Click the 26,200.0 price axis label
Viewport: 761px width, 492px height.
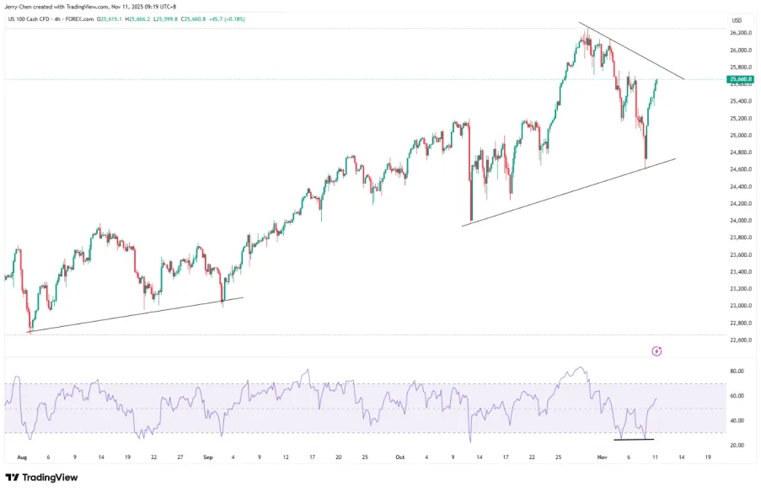click(741, 33)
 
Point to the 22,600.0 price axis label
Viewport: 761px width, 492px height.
click(741, 340)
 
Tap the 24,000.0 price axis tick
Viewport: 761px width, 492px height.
click(741, 221)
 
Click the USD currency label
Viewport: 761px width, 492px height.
click(737, 20)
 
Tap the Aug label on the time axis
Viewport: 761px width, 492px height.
click(22, 457)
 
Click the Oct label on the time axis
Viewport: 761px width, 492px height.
click(400, 457)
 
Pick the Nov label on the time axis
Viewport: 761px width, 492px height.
click(602, 457)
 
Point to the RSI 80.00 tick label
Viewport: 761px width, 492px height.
click(737, 372)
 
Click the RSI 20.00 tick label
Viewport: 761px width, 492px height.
click(737, 446)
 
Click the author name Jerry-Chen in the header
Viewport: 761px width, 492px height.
click(21, 7)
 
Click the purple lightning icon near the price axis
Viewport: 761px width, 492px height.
click(656, 350)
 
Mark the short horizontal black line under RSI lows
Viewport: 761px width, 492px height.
click(634, 440)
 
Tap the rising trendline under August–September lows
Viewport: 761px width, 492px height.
click(135, 314)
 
